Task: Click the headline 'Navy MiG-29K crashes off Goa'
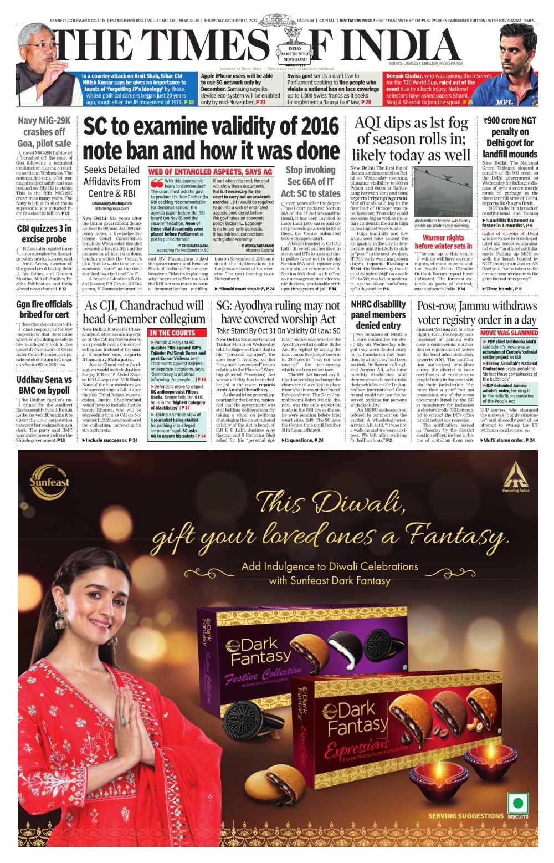tap(44, 132)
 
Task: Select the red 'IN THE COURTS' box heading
tap(172, 333)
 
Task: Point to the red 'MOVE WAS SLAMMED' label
tap(509, 333)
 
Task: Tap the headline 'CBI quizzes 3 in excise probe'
tap(44, 233)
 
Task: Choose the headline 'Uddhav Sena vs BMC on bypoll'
tap(44, 385)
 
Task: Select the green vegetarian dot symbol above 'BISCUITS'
tap(518, 803)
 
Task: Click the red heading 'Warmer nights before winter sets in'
tap(443, 242)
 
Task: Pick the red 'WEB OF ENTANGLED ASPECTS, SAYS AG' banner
tap(211, 172)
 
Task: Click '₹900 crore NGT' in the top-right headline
tap(510, 120)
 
